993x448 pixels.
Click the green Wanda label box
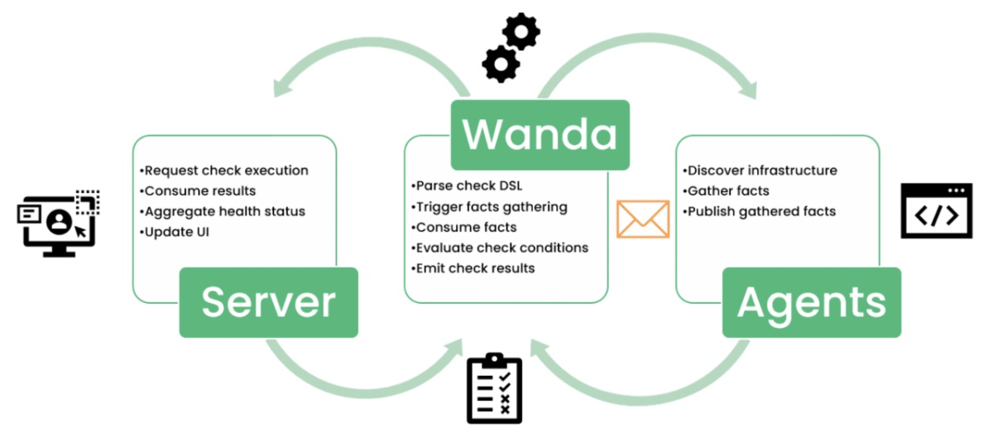click(540, 134)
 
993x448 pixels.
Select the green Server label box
click(268, 302)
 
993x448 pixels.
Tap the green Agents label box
click(811, 302)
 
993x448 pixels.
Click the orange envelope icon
click(642, 219)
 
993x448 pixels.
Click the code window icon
click(936, 210)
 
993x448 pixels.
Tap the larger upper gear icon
click(520, 31)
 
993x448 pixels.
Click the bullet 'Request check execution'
click(224, 171)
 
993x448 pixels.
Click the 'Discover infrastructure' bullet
click(760, 171)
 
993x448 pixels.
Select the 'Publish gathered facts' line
click(759, 211)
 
